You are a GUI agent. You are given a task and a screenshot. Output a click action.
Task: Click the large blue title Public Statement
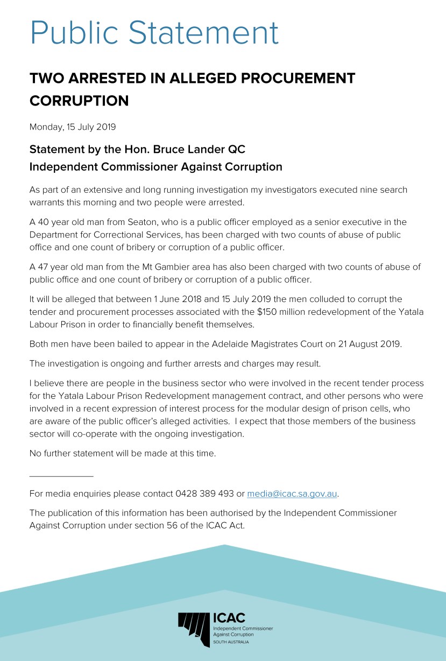(x=154, y=32)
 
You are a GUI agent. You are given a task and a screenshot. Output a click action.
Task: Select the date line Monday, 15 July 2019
(x=72, y=128)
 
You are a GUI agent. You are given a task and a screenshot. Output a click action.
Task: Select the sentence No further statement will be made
(x=122, y=453)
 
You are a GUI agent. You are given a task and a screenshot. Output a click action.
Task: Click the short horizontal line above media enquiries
(x=61, y=476)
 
